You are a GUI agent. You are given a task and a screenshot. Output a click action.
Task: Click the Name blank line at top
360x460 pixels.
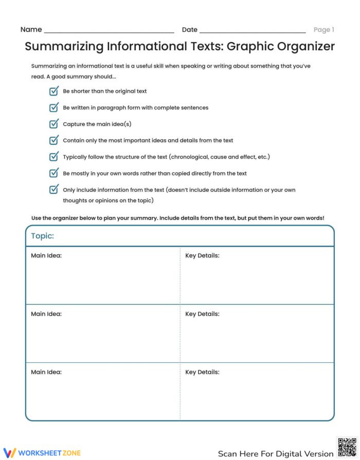(x=109, y=31)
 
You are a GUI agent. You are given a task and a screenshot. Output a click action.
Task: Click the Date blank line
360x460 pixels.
(x=252, y=31)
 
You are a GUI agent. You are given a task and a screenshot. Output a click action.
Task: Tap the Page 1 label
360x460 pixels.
(x=324, y=30)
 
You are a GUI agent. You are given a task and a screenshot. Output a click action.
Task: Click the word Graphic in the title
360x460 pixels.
(x=250, y=47)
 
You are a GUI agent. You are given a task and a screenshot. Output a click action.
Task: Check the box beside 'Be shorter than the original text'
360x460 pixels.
(x=53, y=91)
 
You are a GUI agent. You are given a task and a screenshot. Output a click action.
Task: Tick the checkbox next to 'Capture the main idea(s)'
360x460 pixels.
(x=53, y=124)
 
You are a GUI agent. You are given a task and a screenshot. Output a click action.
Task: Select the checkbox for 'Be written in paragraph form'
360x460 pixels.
(x=53, y=107)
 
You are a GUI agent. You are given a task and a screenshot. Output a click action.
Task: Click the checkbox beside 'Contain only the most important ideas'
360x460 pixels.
(x=53, y=140)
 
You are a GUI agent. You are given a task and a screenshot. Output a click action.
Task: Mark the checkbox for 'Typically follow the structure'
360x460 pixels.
(x=53, y=157)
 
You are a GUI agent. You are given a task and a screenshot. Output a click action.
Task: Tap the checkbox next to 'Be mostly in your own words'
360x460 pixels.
(x=53, y=173)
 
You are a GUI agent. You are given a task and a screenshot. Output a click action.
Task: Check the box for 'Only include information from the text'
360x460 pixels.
(x=53, y=190)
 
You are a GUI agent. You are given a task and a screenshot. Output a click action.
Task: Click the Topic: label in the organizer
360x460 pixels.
(x=43, y=236)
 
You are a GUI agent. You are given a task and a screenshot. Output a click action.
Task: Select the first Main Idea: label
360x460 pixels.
(x=46, y=255)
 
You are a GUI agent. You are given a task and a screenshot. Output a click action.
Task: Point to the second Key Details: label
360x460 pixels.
(x=202, y=314)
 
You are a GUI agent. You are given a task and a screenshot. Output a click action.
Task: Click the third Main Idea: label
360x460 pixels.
(x=46, y=372)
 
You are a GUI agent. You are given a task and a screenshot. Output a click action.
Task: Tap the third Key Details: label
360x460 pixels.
(x=202, y=372)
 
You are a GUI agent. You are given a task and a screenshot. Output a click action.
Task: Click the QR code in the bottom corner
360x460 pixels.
(x=347, y=447)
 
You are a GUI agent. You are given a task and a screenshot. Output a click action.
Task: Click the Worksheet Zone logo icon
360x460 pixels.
(x=10, y=453)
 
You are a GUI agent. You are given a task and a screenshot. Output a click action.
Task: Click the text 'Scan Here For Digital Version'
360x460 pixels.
(x=275, y=454)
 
